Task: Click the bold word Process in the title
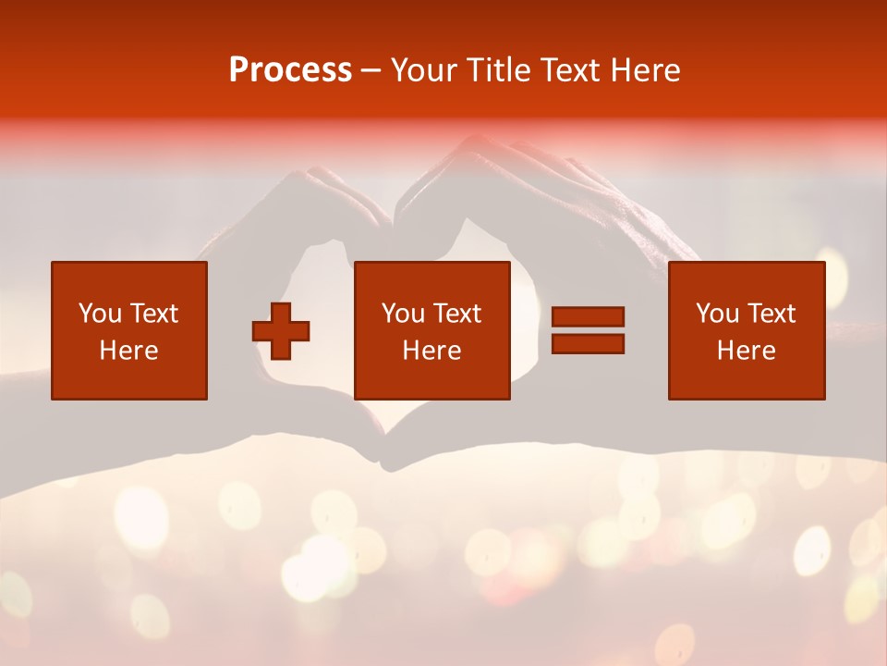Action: [290, 70]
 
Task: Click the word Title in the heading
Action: [499, 70]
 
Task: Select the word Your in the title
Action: [423, 70]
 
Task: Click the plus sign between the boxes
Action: [281, 331]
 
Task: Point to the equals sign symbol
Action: [588, 330]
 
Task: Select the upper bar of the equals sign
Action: [588, 317]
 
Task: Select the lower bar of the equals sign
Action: [588, 343]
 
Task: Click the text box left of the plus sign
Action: [129, 330]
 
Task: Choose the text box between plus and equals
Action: [432, 330]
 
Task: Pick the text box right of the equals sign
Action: [747, 330]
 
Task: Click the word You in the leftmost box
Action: [100, 314]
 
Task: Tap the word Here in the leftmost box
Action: [128, 351]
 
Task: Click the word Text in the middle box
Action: [456, 314]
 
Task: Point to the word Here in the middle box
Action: [431, 351]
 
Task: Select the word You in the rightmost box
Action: [717, 314]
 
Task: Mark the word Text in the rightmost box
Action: [771, 314]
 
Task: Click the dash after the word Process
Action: [371, 70]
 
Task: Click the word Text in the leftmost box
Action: [153, 314]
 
